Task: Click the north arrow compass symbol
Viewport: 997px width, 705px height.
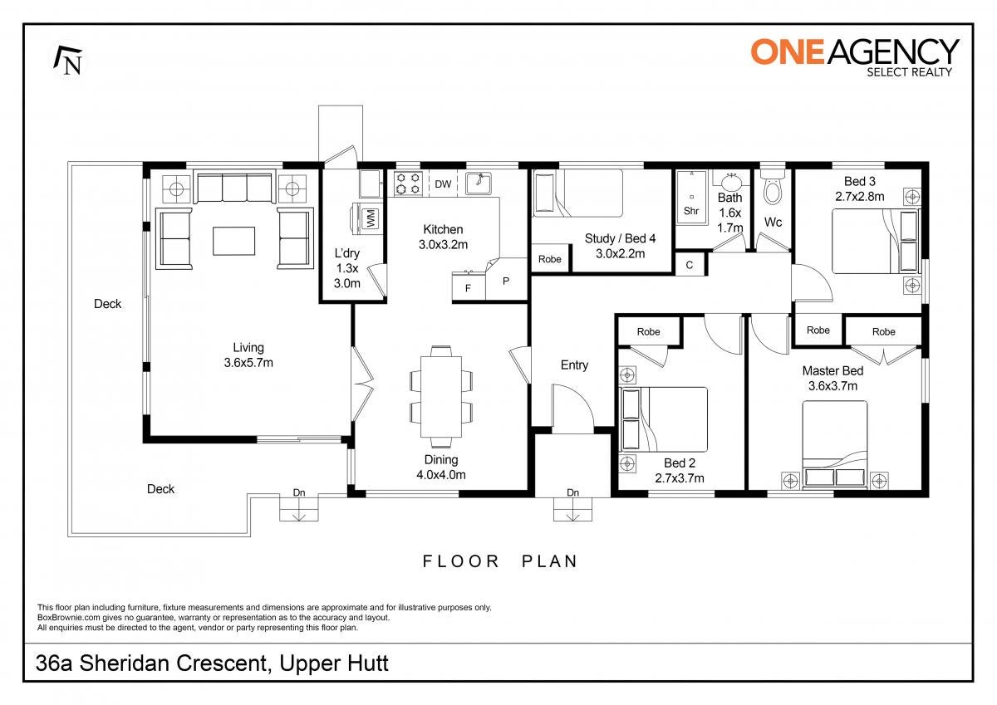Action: pyautogui.click(x=68, y=61)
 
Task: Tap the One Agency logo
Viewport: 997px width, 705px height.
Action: pyautogui.click(x=855, y=58)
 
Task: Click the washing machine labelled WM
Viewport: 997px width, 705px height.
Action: pyautogui.click(x=368, y=218)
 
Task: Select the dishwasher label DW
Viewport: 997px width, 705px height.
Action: pyautogui.click(x=443, y=184)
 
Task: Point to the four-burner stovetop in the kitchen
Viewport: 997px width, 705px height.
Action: pyautogui.click(x=408, y=184)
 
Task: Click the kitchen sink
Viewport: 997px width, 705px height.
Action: pyautogui.click(x=479, y=184)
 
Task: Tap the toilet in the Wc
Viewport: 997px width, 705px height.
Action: pyautogui.click(x=775, y=187)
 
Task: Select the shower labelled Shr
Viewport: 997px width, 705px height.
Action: pyautogui.click(x=691, y=198)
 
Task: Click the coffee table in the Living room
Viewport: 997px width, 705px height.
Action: pyautogui.click(x=233, y=241)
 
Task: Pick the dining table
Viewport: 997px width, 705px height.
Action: pyautogui.click(x=441, y=397)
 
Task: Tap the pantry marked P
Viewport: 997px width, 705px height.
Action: pyautogui.click(x=506, y=279)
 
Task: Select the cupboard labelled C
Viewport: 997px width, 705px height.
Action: pyautogui.click(x=690, y=265)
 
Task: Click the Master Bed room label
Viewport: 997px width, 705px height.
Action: pyautogui.click(x=832, y=371)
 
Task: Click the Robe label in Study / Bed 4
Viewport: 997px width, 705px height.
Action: pyautogui.click(x=550, y=259)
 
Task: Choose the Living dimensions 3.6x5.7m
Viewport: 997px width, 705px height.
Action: pyautogui.click(x=248, y=363)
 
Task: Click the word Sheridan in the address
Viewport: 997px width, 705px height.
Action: pyautogui.click(x=125, y=664)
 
